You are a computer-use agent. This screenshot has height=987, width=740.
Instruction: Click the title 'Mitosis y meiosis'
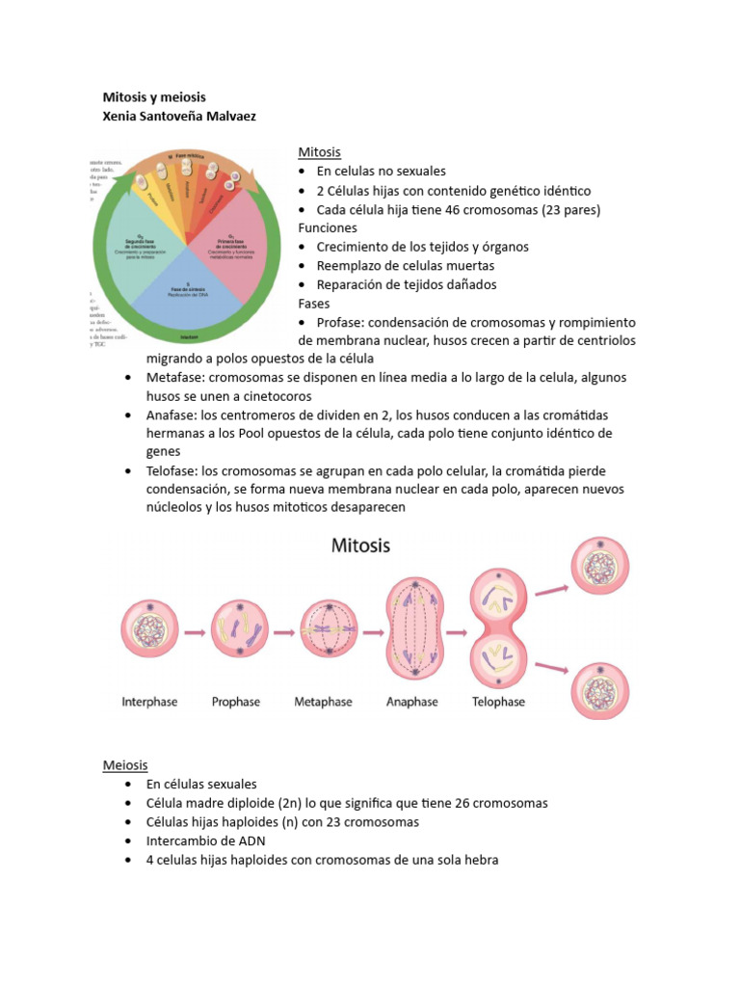click(154, 97)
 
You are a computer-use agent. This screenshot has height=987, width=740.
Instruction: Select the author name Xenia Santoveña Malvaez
click(179, 116)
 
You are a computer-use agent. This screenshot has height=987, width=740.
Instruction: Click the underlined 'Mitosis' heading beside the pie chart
click(319, 152)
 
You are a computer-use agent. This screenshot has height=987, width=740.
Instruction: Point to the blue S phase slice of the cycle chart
click(188, 293)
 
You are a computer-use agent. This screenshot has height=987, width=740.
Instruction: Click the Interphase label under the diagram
click(149, 702)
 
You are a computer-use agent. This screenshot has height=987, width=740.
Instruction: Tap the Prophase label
click(236, 702)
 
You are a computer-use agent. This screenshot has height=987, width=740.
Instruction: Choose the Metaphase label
click(323, 702)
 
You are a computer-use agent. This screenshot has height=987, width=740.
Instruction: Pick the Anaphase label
click(412, 702)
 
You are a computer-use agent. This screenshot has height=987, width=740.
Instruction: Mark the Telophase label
click(498, 702)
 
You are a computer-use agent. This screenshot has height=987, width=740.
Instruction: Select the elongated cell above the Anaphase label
click(417, 632)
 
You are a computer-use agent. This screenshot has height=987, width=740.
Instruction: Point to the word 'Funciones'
click(328, 227)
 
